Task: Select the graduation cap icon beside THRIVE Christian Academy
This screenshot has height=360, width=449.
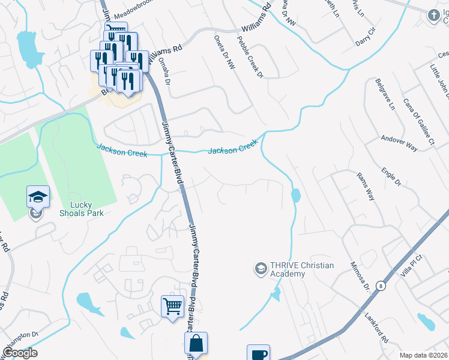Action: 261,268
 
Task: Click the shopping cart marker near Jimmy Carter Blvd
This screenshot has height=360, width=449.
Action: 172,306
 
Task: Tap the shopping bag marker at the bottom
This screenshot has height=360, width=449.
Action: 196,344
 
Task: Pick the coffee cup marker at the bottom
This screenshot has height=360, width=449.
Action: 258,353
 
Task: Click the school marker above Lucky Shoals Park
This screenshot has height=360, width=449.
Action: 38,196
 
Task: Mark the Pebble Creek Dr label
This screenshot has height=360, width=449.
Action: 250,56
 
